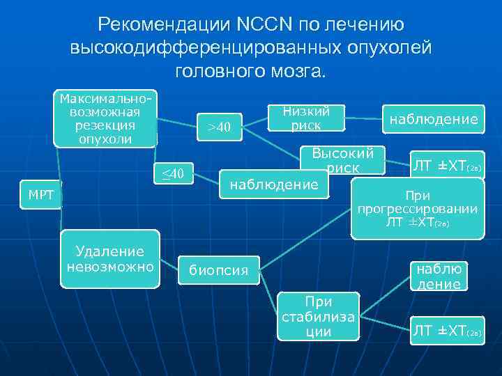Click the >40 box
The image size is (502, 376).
(220, 127)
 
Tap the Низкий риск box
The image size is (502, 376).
(306, 118)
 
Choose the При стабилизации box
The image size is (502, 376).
(319, 316)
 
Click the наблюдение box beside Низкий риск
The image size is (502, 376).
(434, 120)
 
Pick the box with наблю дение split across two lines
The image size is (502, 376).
(439, 276)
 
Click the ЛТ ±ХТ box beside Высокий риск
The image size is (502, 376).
(446, 166)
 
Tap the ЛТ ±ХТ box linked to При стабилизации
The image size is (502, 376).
(446, 331)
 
